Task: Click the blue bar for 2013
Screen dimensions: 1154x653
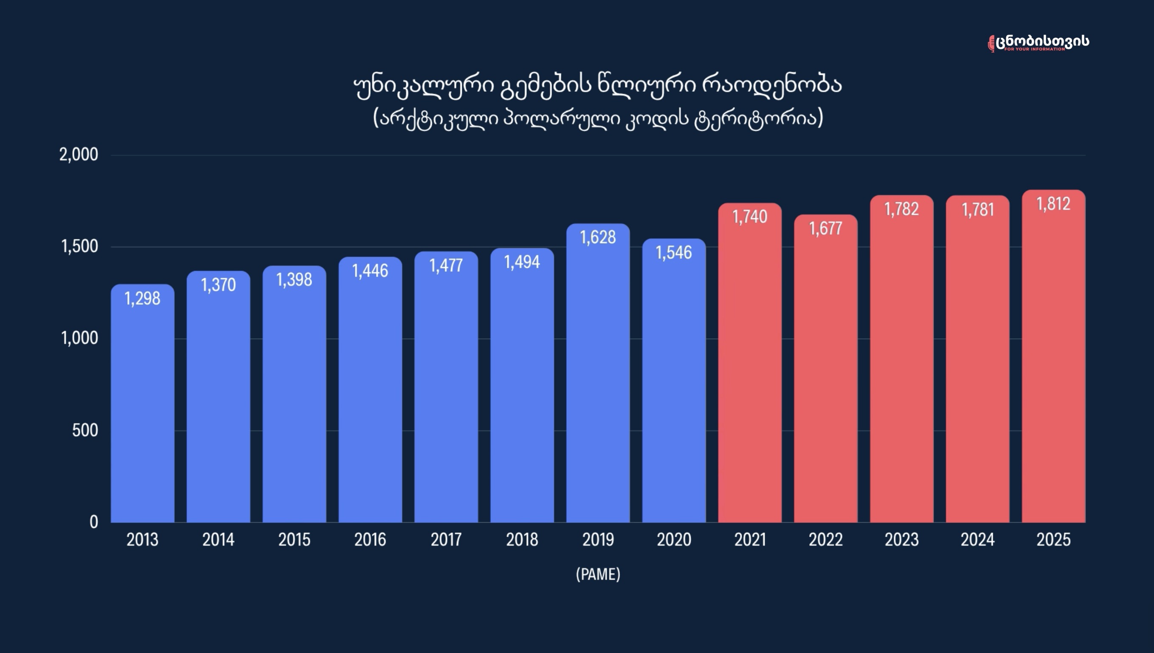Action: pyautogui.click(x=143, y=403)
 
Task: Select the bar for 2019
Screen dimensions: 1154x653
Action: pyautogui.click(x=598, y=373)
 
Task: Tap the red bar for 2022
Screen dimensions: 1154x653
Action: pyautogui.click(x=826, y=368)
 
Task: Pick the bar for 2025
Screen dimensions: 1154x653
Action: pyautogui.click(x=1053, y=356)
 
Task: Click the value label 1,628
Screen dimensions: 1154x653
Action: pyautogui.click(x=598, y=237)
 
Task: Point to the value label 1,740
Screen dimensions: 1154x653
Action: pyautogui.click(x=750, y=217)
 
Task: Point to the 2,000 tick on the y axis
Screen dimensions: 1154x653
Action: pyautogui.click(x=79, y=155)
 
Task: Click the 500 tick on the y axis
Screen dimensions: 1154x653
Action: pyautogui.click(x=85, y=431)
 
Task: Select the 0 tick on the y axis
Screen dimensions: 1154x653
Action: pyautogui.click(x=94, y=522)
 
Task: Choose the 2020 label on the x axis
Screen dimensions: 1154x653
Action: pyautogui.click(x=674, y=540)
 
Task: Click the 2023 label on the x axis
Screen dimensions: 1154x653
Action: pyautogui.click(x=901, y=540)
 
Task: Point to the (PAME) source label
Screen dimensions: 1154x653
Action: pyautogui.click(x=598, y=574)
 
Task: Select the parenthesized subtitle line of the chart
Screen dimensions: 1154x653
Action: pyautogui.click(x=598, y=118)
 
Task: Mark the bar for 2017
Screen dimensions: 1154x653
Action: pyautogui.click(x=446, y=387)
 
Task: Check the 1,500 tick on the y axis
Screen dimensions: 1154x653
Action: pyautogui.click(x=79, y=247)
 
